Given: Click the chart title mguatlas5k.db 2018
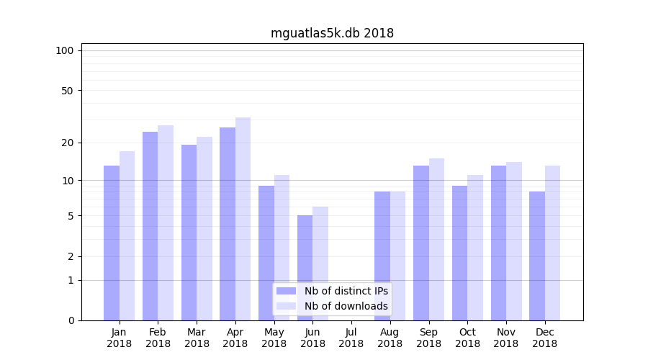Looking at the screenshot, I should pyautogui.click(x=332, y=33).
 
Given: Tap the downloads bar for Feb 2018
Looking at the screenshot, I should pyautogui.click(x=166, y=222).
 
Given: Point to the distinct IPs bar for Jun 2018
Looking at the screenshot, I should pyautogui.click(x=305, y=267).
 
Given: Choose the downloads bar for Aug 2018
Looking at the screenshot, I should pyautogui.click(x=397, y=256).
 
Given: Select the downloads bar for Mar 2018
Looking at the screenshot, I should pyautogui.click(x=204, y=228).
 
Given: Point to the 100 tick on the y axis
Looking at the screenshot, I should pyautogui.click(x=65, y=50).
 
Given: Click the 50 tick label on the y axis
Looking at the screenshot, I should pyautogui.click(x=67, y=91).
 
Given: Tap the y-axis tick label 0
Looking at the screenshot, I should pyautogui.click(x=71, y=320).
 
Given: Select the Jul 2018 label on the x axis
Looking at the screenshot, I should pyautogui.click(x=351, y=338).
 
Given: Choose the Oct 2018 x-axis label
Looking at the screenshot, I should pyautogui.click(x=467, y=338).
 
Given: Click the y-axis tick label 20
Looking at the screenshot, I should pyautogui.click(x=67, y=143).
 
